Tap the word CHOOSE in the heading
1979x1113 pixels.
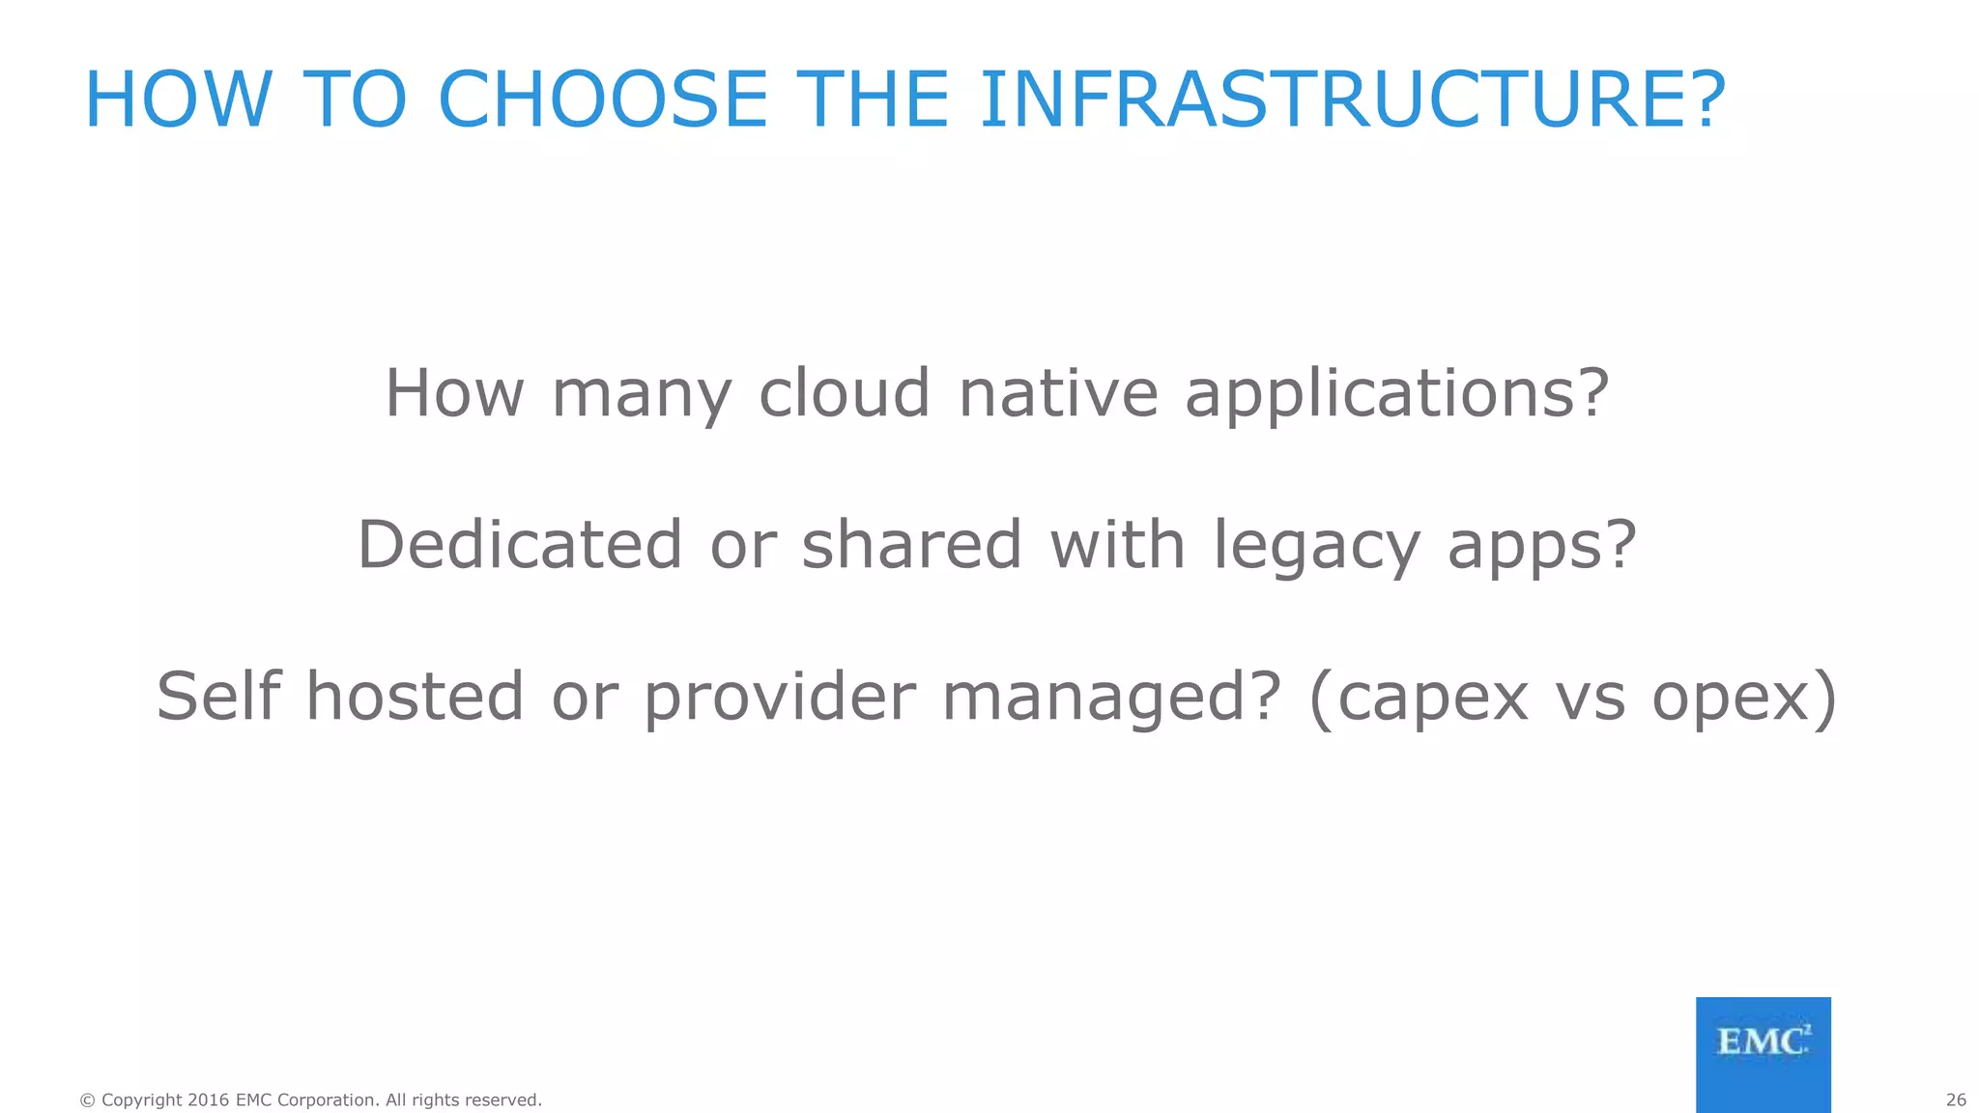click(x=602, y=100)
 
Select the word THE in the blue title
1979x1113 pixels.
click(x=876, y=100)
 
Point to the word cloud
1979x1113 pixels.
click(x=844, y=393)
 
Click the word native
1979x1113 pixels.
click(x=1058, y=393)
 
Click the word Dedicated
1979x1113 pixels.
click(x=520, y=544)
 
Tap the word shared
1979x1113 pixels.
click(x=911, y=544)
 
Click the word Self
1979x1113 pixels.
click(x=218, y=696)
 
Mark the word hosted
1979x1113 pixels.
click(x=415, y=696)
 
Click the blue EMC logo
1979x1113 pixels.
click(x=1763, y=1054)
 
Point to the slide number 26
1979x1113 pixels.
click(x=1956, y=1099)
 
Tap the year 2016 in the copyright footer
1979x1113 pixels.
click(x=208, y=1099)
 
